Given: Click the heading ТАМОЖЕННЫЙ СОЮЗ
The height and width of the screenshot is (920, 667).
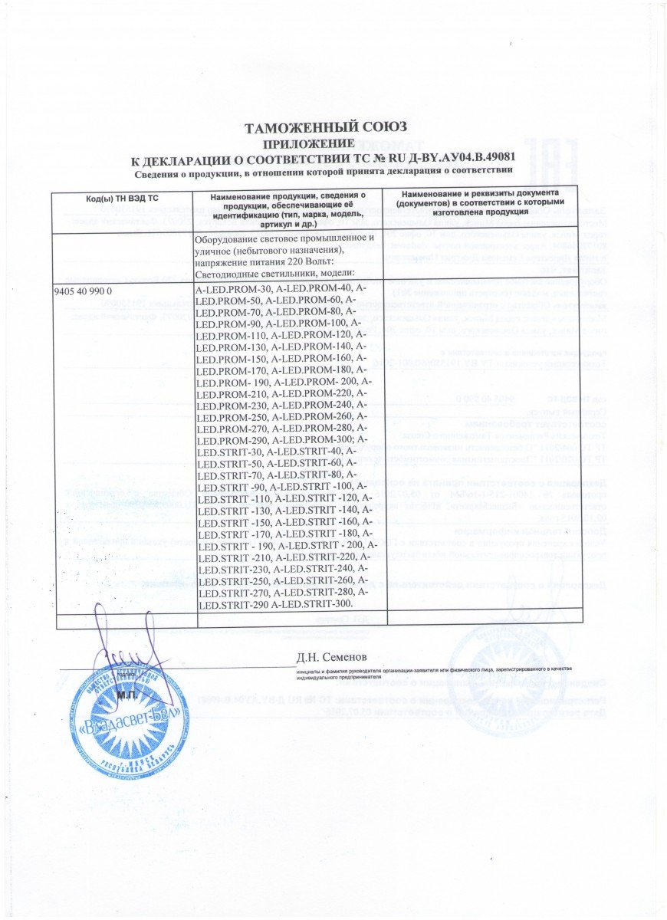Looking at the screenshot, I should point(324,127).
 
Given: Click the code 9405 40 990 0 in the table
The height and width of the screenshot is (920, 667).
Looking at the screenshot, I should point(84,292).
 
